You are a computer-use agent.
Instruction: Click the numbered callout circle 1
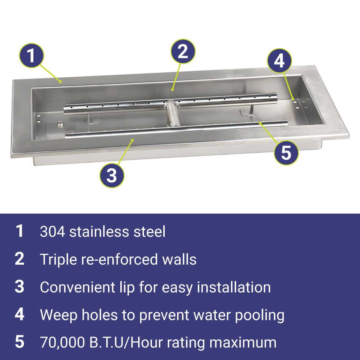coord(31,55)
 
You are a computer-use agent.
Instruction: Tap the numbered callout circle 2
coord(183,51)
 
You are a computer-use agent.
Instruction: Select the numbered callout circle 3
coord(112,175)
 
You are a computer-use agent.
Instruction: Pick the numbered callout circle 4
coord(280,61)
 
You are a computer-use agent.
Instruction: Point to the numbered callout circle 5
coord(286,153)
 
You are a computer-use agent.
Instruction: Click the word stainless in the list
coord(99,232)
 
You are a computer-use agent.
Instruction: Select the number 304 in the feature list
coord(52,232)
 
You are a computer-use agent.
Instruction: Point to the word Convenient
coord(77,287)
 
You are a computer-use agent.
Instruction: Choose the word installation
coord(234,287)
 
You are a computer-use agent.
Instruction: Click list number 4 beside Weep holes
coord(19,315)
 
